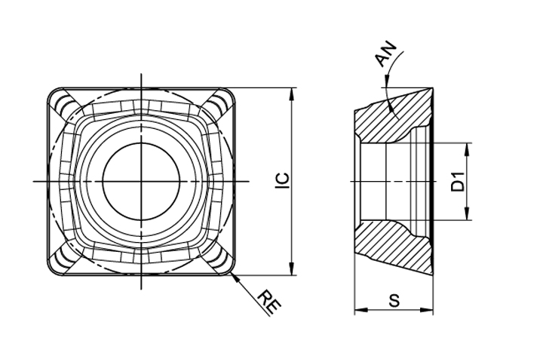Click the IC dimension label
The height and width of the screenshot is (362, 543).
pyautogui.click(x=281, y=181)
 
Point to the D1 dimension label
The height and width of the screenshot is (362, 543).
pyautogui.click(x=458, y=181)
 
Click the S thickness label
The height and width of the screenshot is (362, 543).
pyautogui.click(x=394, y=300)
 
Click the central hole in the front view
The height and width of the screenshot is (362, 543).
pyautogui.click(x=141, y=181)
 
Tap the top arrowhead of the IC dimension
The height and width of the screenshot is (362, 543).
pyautogui.click(x=293, y=94)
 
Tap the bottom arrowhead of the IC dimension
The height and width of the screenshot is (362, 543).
pyautogui.click(x=293, y=269)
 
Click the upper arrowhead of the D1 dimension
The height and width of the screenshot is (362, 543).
pyautogui.click(x=467, y=149)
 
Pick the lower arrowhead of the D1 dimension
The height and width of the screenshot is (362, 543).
pyautogui.click(x=467, y=213)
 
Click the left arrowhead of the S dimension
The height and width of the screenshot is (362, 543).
pyautogui.click(x=361, y=309)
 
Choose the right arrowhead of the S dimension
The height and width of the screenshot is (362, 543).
pyautogui.click(x=426, y=309)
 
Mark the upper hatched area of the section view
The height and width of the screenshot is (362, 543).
pyautogui.click(x=391, y=119)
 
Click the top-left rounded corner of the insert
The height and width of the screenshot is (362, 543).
pyautogui.click(x=53, y=94)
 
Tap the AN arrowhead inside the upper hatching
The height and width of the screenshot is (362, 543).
pyautogui.click(x=391, y=107)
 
